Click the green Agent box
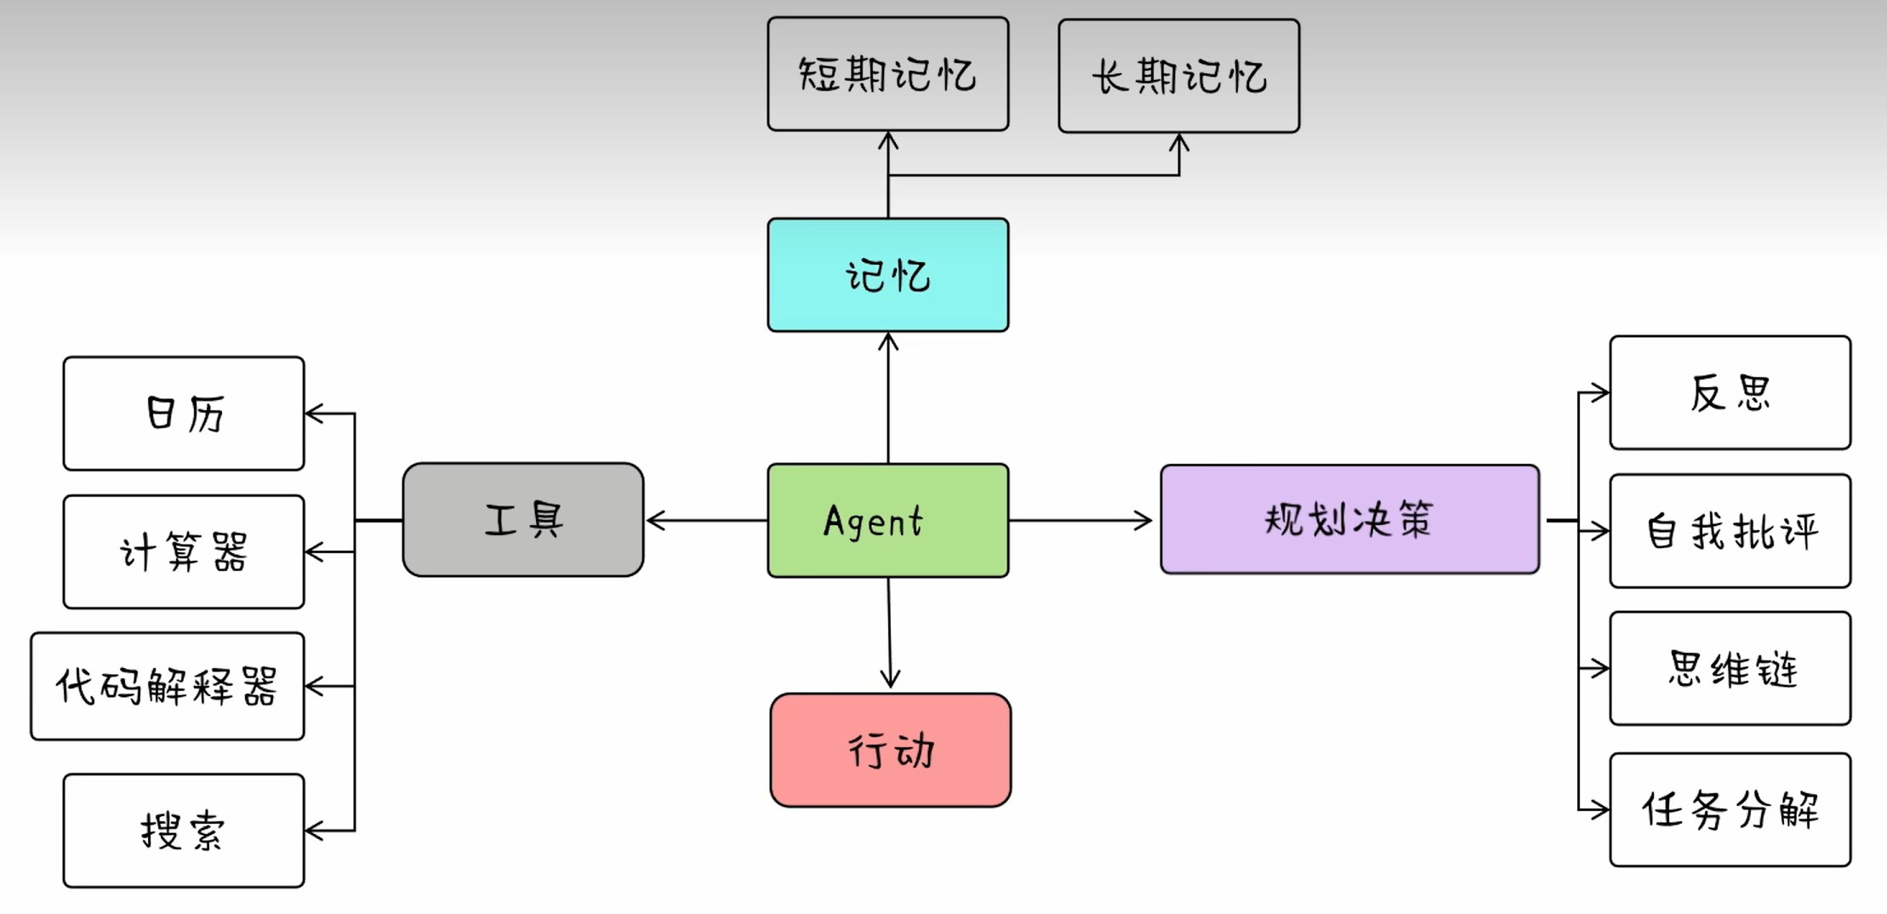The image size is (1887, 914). pos(887,520)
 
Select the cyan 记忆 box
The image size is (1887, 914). pos(887,275)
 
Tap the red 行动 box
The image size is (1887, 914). pos(890,750)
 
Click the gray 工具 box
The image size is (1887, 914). pos(522,519)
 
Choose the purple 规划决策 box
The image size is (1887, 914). pos(1349,519)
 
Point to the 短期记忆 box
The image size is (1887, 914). pos(887,74)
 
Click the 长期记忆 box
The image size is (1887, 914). pos(1178,76)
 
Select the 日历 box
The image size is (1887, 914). pos(183,414)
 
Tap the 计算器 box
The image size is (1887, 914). pos(183,551)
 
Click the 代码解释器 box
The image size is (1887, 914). pos(167,686)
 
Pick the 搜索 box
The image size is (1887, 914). pos(183,831)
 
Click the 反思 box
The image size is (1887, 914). pos(1730,392)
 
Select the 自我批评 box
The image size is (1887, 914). pos(1730,531)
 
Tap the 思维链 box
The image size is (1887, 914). pos(1730,668)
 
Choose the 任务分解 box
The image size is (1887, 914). pos(1730,809)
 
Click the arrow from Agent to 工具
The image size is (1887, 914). pos(706,520)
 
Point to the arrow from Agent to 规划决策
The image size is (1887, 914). pos(1080,520)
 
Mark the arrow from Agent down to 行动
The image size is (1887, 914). pos(889,634)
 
